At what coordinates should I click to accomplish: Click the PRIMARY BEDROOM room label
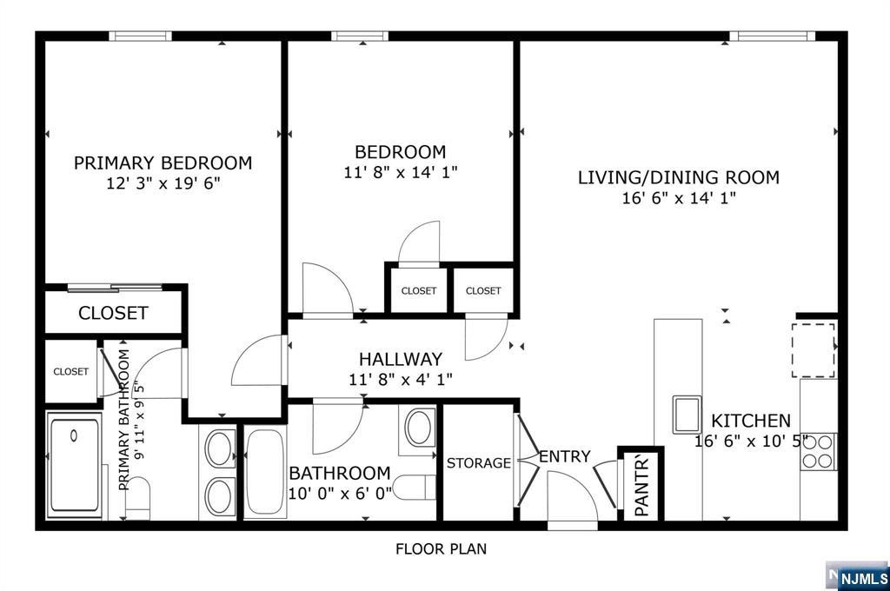point(163,163)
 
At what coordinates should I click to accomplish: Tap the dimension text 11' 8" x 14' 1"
point(401,172)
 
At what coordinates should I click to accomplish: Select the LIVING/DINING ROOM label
point(678,177)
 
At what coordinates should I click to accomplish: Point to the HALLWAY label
point(400,359)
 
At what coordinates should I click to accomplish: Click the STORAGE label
point(479,463)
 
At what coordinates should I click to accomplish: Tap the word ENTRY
point(565,456)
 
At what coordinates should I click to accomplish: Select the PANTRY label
point(641,486)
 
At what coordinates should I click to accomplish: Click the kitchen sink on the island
point(687,415)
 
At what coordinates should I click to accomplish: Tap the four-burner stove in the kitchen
point(817,451)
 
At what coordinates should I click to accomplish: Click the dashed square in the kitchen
point(814,350)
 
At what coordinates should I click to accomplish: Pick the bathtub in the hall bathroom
point(265,472)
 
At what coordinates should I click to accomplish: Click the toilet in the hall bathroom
point(413,487)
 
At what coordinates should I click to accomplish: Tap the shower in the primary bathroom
point(75,466)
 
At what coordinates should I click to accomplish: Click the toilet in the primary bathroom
point(137,498)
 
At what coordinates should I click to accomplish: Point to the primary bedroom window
point(140,37)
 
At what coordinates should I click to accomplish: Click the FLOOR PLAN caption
point(441,549)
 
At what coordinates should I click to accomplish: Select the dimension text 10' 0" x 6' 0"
point(340,494)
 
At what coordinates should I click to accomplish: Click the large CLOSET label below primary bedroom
point(113,313)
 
